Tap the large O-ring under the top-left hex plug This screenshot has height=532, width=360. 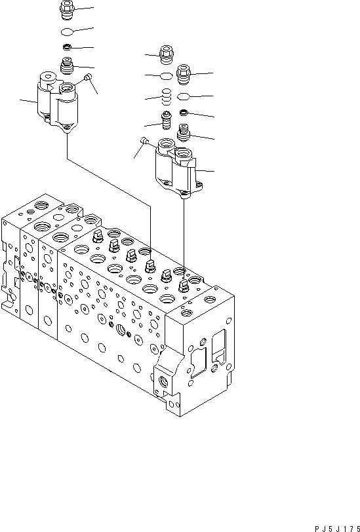tap(67, 32)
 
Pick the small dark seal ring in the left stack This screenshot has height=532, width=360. tap(67, 48)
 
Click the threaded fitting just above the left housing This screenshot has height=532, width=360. tap(67, 65)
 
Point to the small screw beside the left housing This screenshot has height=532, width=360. tap(89, 79)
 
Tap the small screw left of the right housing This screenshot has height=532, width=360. tap(144, 140)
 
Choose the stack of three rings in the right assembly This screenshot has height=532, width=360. tap(167, 97)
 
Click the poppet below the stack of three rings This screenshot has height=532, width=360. tap(167, 122)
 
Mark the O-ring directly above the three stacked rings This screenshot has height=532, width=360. tap(167, 77)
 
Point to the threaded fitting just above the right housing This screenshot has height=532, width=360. tap(184, 135)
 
